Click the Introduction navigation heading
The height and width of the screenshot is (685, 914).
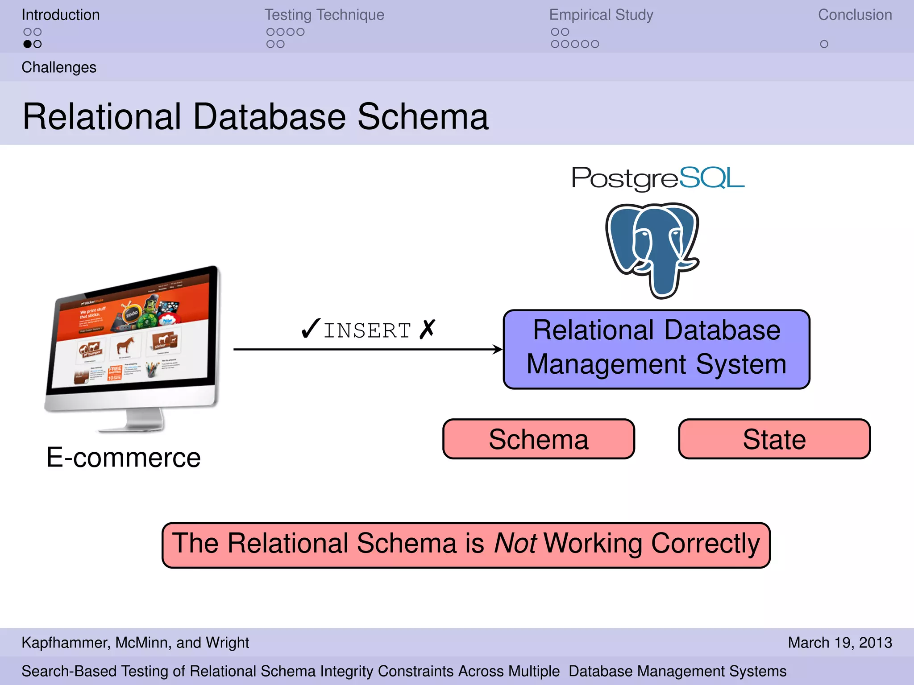pos(61,15)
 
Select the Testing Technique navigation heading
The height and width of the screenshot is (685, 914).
pos(324,15)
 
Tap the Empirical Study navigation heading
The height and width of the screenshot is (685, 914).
pos(601,15)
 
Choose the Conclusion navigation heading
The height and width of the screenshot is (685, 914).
pos(855,15)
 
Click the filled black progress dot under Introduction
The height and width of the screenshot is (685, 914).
pos(28,44)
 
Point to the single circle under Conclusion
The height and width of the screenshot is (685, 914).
pos(824,44)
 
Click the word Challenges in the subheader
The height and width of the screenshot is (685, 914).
pos(59,67)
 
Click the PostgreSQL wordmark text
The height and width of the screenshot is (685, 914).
pos(658,178)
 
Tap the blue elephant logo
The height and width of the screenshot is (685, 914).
pos(652,250)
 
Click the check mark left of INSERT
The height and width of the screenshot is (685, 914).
pos(311,329)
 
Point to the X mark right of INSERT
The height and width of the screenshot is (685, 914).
pos(427,329)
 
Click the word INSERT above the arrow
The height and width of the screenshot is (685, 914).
pos(367,331)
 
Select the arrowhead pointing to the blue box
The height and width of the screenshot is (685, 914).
pos(498,349)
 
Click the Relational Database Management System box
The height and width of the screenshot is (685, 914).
pos(656,349)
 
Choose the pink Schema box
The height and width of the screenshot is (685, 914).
pos(538,439)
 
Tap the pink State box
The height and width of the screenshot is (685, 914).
pos(774,439)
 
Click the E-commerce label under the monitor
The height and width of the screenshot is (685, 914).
pos(124,458)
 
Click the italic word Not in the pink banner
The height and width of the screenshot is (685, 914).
pos(515,544)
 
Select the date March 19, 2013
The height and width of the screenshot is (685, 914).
pos(839,643)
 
